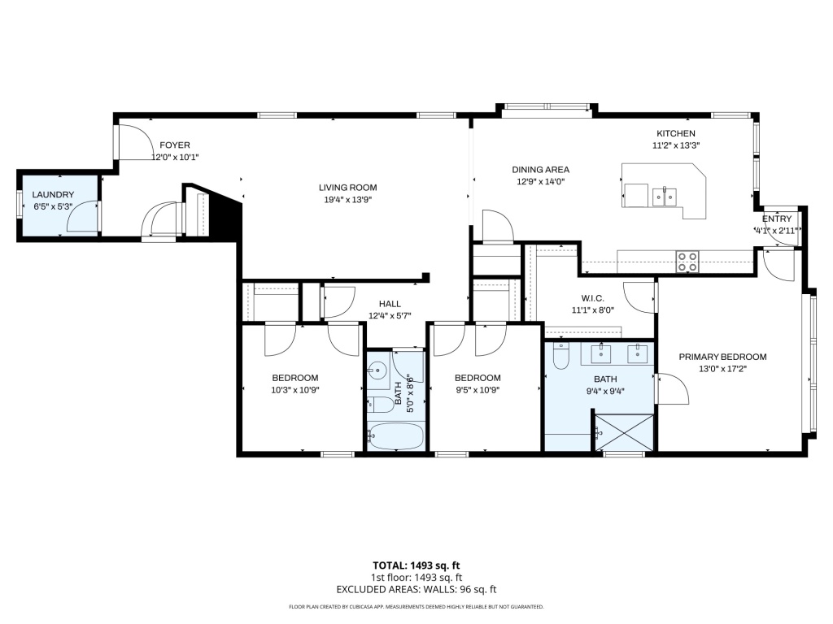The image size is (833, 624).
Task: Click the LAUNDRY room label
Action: click(53, 195)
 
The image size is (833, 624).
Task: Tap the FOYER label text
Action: click(175, 145)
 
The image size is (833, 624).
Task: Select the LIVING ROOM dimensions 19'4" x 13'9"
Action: click(348, 200)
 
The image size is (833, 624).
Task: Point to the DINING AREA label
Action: click(540, 170)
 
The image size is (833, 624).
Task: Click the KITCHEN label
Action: click(676, 134)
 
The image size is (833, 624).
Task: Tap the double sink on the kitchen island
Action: click(664, 197)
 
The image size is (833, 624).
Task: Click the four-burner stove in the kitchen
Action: click(687, 262)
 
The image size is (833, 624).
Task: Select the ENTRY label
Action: click(777, 219)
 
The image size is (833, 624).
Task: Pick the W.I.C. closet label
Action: click(592, 299)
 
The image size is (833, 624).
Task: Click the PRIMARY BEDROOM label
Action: click(722, 357)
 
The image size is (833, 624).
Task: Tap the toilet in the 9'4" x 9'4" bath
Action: click(561, 356)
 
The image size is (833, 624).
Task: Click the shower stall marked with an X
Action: click(624, 433)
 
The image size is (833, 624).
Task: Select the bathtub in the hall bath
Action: click(396, 436)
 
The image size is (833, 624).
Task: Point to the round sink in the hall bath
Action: click(378, 370)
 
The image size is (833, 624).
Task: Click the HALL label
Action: click(390, 304)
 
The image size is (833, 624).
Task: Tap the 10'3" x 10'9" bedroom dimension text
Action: click(294, 391)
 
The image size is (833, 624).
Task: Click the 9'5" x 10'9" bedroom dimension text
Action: click(478, 391)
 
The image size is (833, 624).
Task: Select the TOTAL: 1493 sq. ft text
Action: click(416, 565)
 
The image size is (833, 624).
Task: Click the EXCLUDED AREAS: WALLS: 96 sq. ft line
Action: click(416, 590)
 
